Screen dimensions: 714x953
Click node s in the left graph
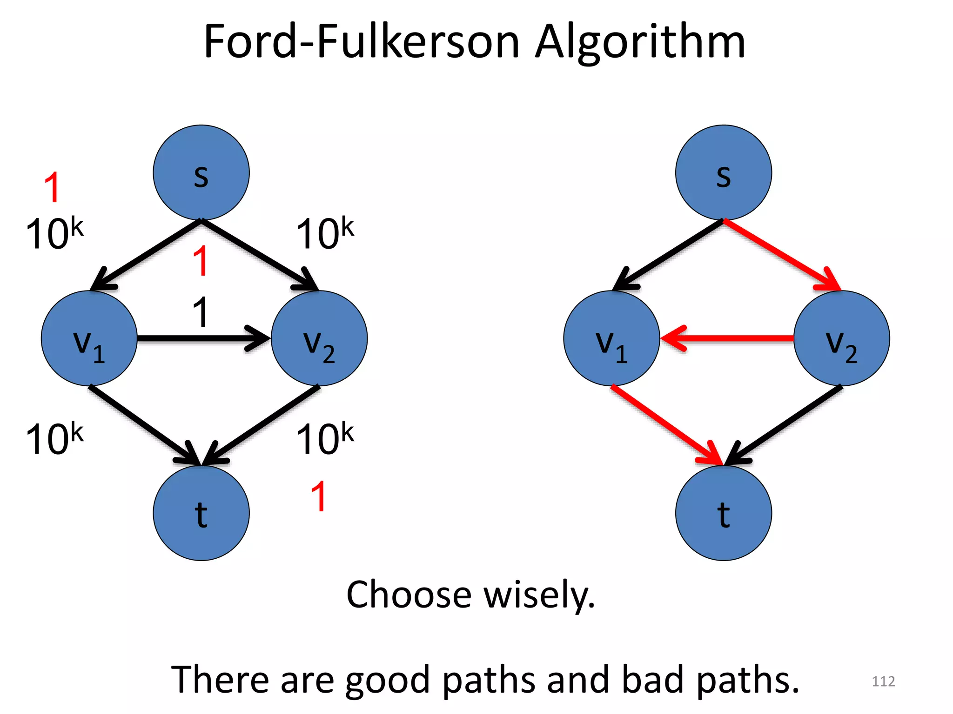click(201, 172)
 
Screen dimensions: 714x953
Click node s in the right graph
click(723, 172)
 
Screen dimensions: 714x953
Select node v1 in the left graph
click(89, 338)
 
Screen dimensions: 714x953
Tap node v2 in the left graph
click(319, 338)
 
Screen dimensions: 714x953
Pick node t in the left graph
click(201, 513)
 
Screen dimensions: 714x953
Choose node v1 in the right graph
click(611, 338)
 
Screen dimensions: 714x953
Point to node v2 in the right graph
click(841, 338)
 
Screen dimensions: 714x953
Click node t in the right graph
click(723, 513)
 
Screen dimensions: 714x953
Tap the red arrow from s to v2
click(782, 255)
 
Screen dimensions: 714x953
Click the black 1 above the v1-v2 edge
click(201, 312)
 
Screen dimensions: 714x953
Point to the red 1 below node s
click(201, 261)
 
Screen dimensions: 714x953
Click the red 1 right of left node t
click(319, 496)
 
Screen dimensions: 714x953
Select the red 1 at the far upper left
click(53, 187)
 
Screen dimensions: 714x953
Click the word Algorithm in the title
click(640, 43)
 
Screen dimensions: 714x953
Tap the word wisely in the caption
click(540, 595)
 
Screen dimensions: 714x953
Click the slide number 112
click(883, 681)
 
